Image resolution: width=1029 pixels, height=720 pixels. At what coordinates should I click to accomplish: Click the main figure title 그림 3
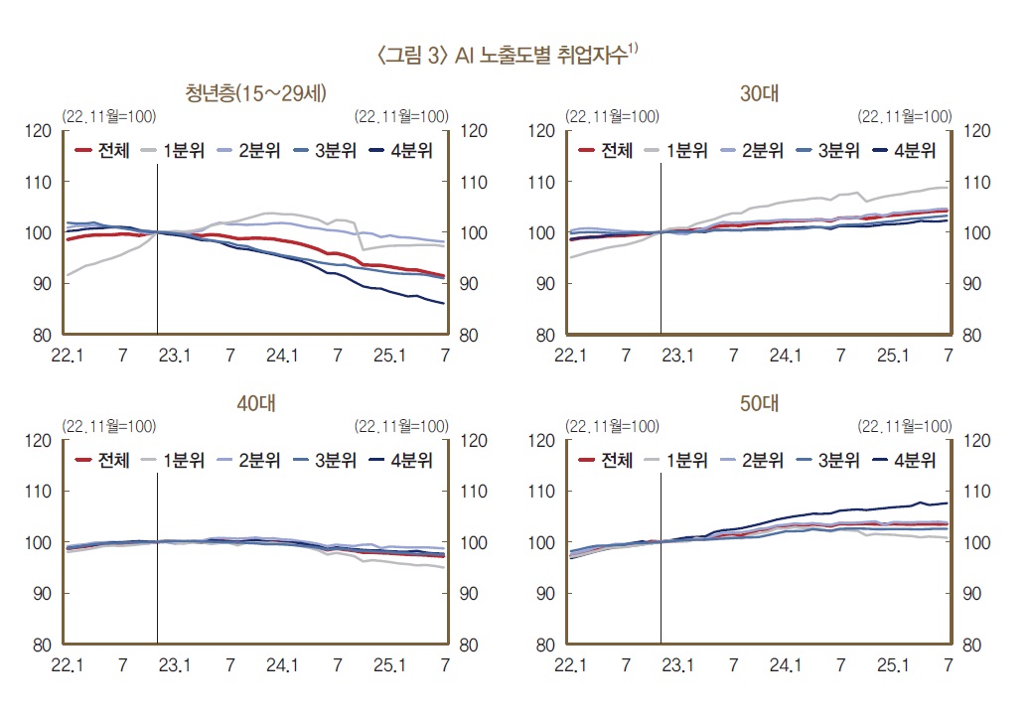click(x=507, y=56)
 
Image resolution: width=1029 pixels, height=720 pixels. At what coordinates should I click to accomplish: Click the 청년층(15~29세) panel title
click(x=256, y=93)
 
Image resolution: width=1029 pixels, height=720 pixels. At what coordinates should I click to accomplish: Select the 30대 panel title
click(x=760, y=93)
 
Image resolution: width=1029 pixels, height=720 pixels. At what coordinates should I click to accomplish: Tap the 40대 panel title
click(x=256, y=403)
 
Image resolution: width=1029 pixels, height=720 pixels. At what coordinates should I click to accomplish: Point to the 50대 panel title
click(x=760, y=403)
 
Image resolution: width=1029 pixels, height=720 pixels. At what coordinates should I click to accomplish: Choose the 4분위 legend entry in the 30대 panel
click(x=905, y=151)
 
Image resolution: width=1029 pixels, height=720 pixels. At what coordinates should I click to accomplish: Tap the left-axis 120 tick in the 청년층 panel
click(x=39, y=130)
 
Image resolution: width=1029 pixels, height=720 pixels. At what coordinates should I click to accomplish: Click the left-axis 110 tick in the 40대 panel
click(x=39, y=492)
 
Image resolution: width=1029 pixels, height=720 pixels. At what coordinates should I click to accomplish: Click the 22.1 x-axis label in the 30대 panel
click(x=571, y=355)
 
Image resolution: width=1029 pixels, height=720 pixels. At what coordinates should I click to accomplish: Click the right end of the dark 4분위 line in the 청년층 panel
click(x=443, y=303)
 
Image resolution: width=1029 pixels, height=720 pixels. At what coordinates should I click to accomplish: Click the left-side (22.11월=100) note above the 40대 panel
click(x=108, y=426)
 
